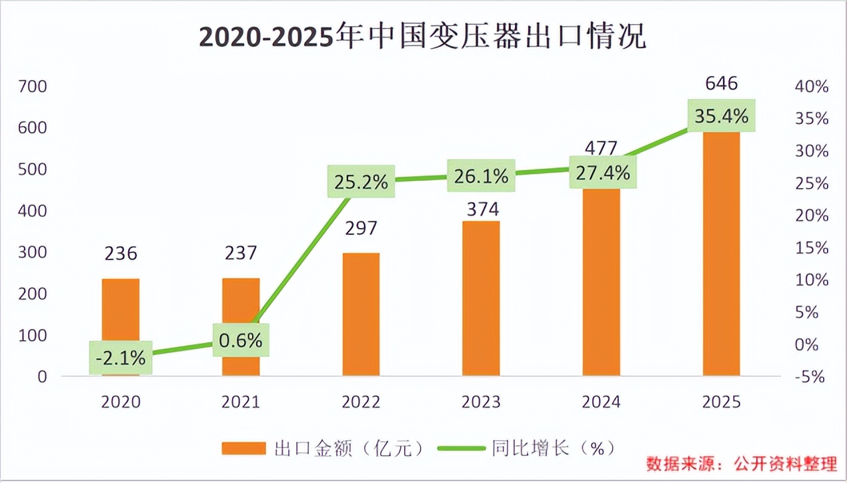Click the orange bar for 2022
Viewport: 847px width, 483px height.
[361, 314]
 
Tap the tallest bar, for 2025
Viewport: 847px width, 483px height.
[722, 254]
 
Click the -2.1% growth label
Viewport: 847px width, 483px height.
[120, 358]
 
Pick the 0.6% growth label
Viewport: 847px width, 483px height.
[241, 340]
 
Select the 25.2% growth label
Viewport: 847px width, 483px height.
[361, 181]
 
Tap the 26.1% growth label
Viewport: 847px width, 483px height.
[481, 176]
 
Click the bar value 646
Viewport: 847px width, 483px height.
[722, 83]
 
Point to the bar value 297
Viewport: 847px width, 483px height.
[361, 228]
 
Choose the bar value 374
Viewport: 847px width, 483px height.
[481, 209]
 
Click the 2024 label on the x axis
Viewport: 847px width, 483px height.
[601, 402]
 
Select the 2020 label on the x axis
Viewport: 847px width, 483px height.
[121, 402]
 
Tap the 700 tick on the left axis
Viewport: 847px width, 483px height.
[33, 86]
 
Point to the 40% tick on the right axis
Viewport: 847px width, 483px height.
[810, 86]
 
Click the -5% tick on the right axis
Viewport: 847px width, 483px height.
[810, 377]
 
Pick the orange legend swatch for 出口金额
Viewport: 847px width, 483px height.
[243, 448]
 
